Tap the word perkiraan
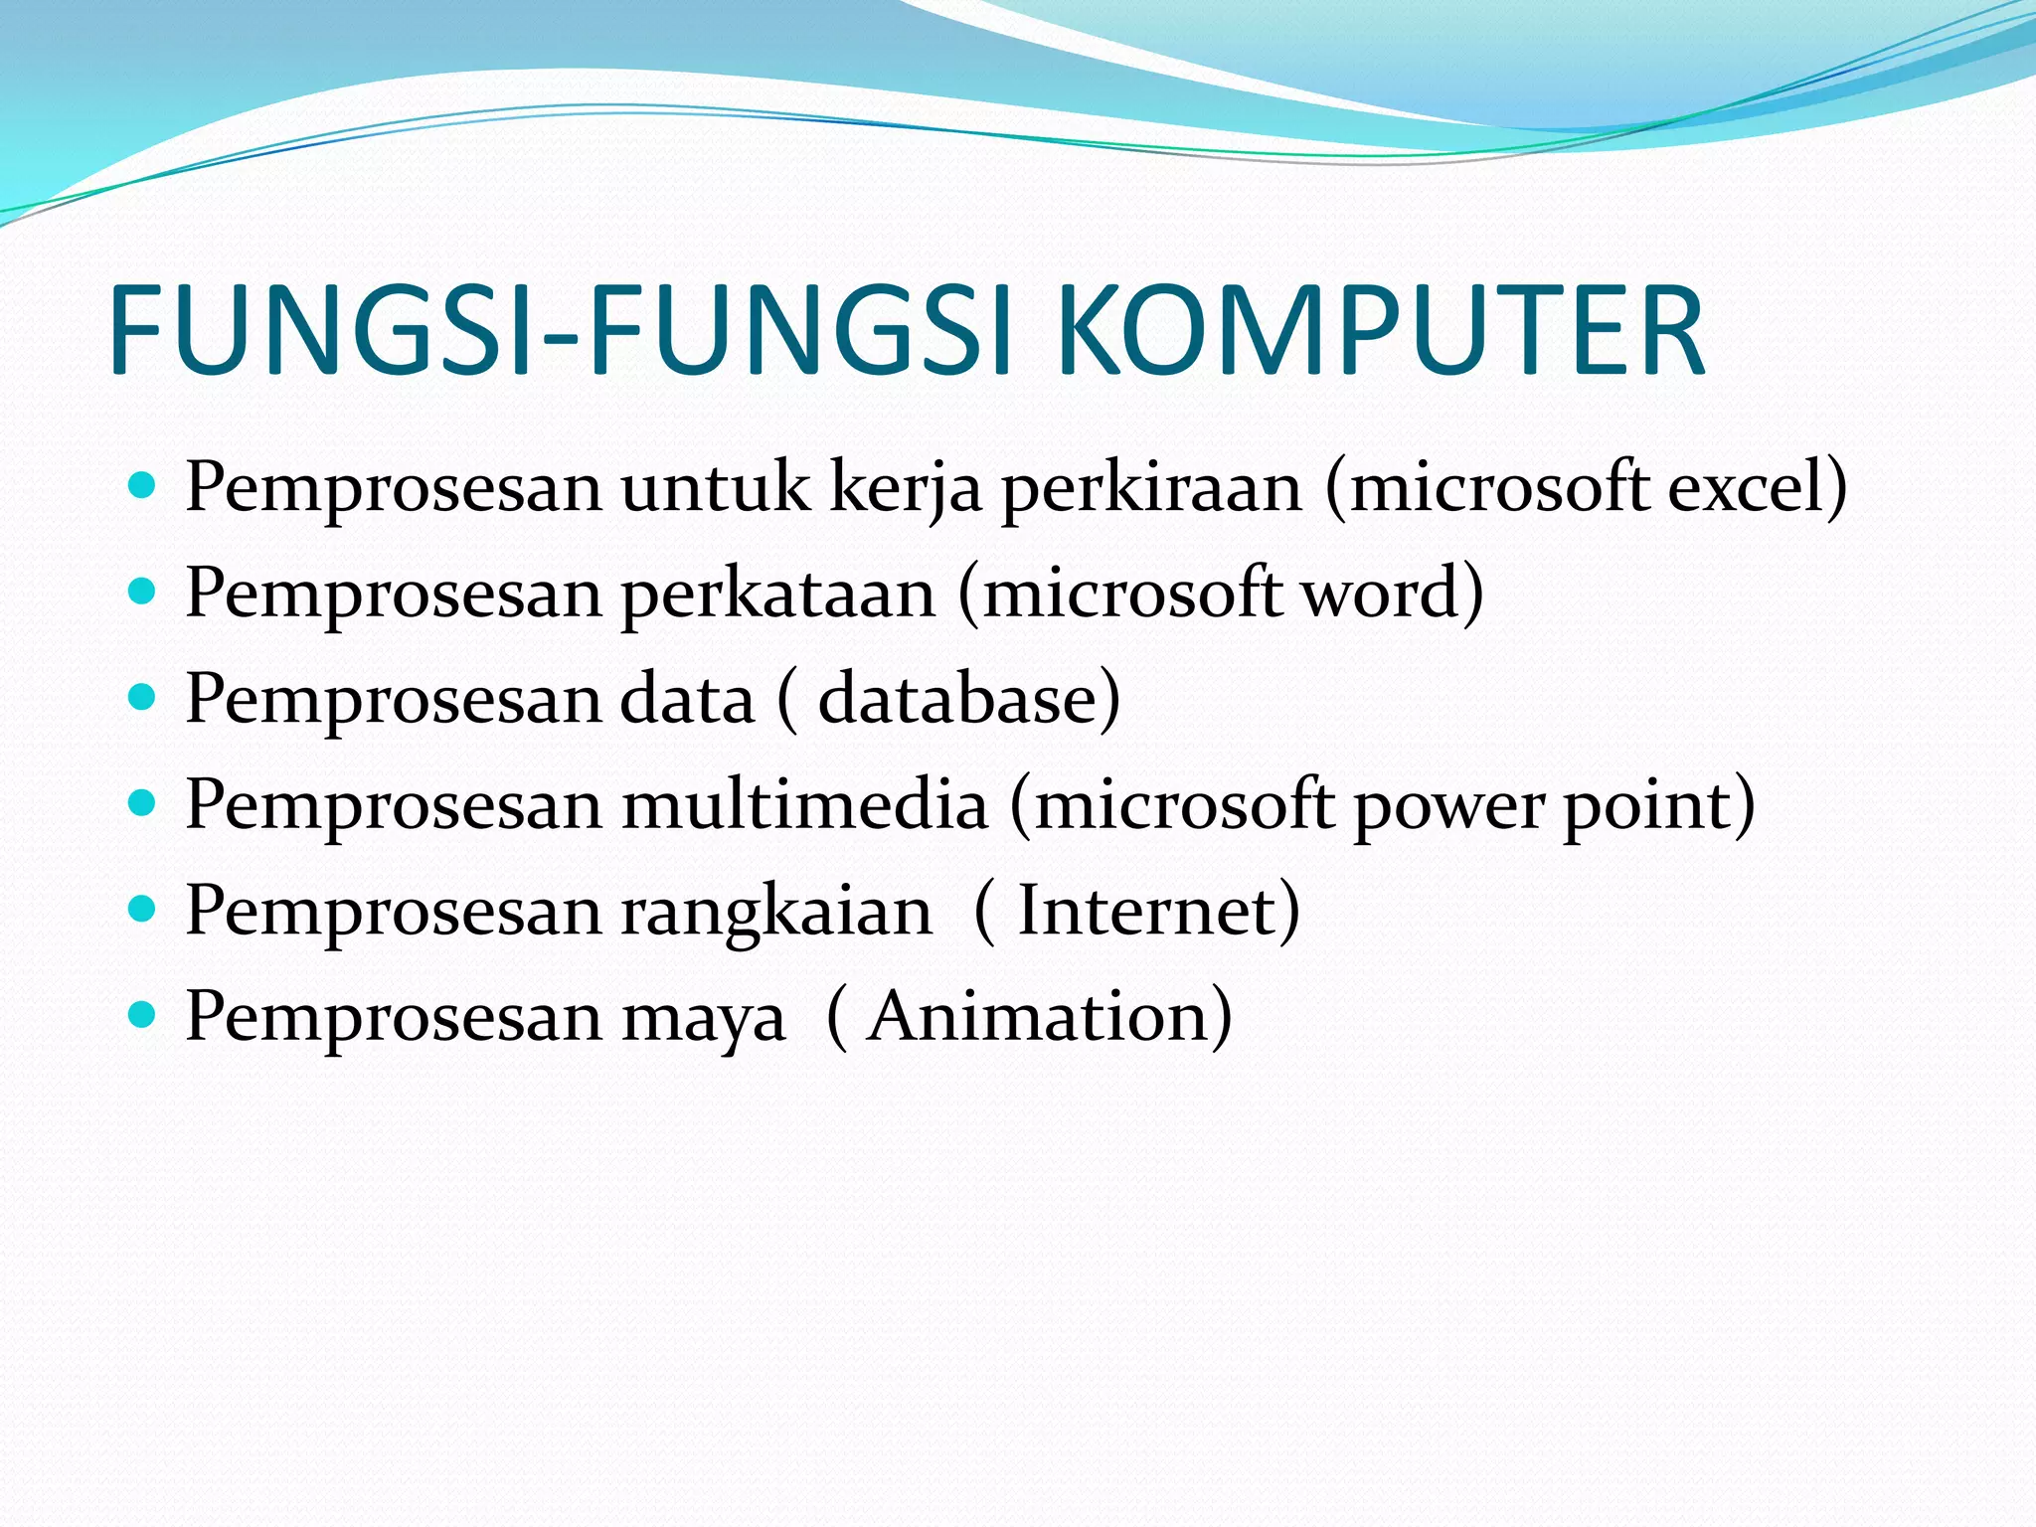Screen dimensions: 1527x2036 click(x=1151, y=489)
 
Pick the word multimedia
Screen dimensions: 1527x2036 click(x=805, y=804)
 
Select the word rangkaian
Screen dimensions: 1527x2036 click(x=776, y=913)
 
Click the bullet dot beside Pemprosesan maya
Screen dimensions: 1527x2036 click(x=143, y=1015)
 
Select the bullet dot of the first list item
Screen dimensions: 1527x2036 click(x=143, y=486)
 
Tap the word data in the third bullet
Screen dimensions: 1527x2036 click(x=687, y=699)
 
